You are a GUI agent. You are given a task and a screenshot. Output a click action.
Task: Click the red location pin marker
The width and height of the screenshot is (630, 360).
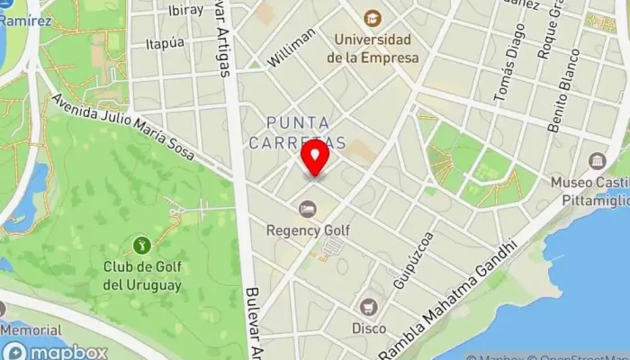point(315,158)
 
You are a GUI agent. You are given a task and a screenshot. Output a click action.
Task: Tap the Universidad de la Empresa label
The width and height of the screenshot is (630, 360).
point(373,49)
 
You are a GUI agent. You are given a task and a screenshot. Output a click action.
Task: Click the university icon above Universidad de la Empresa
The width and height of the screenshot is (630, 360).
point(372,17)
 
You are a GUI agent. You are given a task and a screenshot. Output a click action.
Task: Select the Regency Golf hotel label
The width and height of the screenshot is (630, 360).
point(308,229)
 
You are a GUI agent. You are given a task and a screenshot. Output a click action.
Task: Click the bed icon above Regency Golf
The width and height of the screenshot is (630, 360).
point(308,209)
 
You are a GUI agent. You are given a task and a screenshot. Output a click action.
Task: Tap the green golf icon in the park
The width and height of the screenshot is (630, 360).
point(140,244)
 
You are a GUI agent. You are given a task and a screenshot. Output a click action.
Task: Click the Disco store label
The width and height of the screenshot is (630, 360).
point(369,328)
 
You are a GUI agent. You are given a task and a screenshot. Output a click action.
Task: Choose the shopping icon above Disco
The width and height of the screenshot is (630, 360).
point(369,307)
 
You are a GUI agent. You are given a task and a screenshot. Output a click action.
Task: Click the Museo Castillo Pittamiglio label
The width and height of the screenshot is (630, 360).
point(590,190)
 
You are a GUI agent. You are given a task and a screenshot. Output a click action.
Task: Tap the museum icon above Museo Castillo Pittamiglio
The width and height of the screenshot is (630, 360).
point(598,162)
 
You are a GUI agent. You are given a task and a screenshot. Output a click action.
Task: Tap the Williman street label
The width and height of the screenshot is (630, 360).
point(292,48)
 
